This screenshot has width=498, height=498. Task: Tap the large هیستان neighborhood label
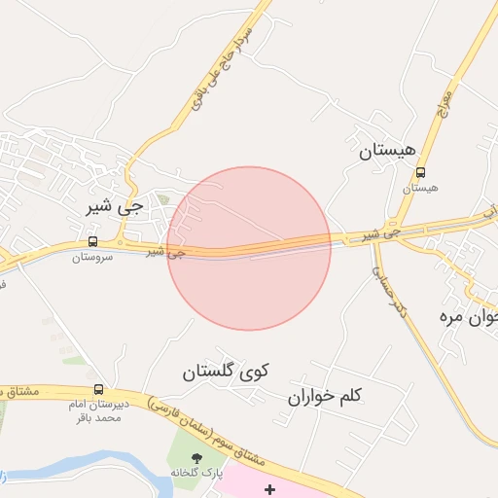[x=387, y=151]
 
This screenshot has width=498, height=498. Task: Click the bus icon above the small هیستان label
[x=420, y=173]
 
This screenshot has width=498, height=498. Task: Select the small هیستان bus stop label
[x=420, y=188]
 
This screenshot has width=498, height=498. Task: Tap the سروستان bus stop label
[x=92, y=258]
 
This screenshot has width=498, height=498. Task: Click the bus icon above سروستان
[x=92, y=241]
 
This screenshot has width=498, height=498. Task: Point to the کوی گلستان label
[x=226, y=371]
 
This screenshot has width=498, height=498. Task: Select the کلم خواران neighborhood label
[x=325, y=396]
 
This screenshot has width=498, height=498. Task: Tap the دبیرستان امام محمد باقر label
[x=95, y=410]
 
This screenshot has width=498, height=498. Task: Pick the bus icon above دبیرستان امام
[x=97, y=389]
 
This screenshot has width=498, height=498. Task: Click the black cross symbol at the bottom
[x=269, y=488]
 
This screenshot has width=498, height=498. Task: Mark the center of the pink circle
[x=249, y=248]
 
